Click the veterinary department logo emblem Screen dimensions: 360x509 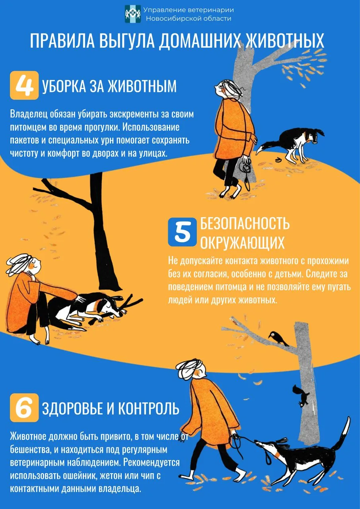[133, 14]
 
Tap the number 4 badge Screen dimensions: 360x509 [24, 85]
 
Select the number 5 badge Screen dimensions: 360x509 [182, 232]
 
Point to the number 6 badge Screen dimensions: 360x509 [24, 408]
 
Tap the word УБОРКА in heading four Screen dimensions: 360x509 [64, 86]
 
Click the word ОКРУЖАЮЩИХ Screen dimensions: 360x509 [242, 243]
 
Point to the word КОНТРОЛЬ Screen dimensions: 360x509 [149, 408]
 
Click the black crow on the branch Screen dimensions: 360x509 [278, 338]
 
